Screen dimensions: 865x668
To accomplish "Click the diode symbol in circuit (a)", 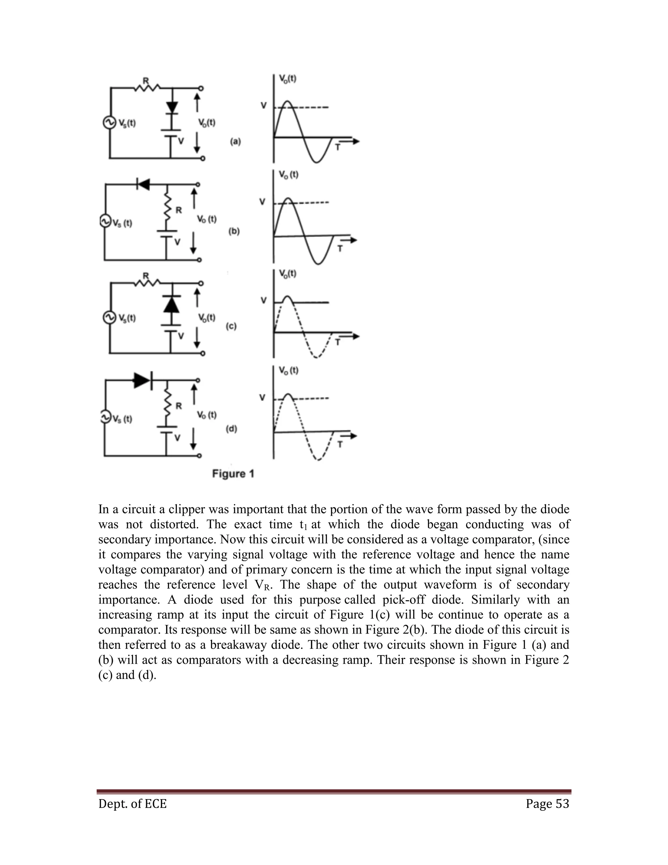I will coord(172,108).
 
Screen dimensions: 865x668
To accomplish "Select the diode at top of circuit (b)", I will coord(143,184).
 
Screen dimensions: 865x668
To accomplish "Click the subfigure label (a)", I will coord(235,141).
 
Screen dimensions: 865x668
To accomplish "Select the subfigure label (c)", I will coord(231,326).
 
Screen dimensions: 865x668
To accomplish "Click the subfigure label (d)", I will coord(232,429).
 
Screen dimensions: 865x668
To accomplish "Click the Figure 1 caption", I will coord(233,474).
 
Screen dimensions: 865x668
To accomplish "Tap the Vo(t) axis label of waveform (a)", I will coord(288,79).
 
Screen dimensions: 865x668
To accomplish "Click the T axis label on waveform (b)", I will coord(340,249).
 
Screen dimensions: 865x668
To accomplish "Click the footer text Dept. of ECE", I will coord(132,804).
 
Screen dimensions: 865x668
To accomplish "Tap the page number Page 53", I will coord(547,804).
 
